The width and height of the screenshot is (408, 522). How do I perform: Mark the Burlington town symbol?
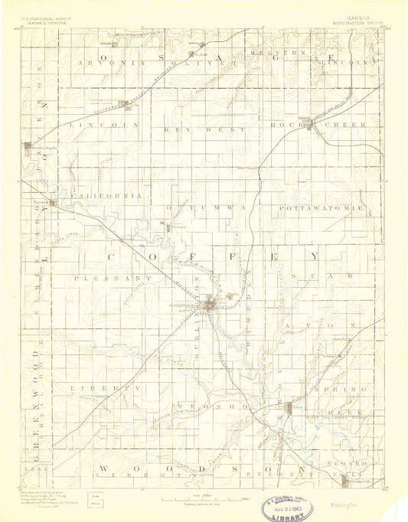[x=214, y=307]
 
